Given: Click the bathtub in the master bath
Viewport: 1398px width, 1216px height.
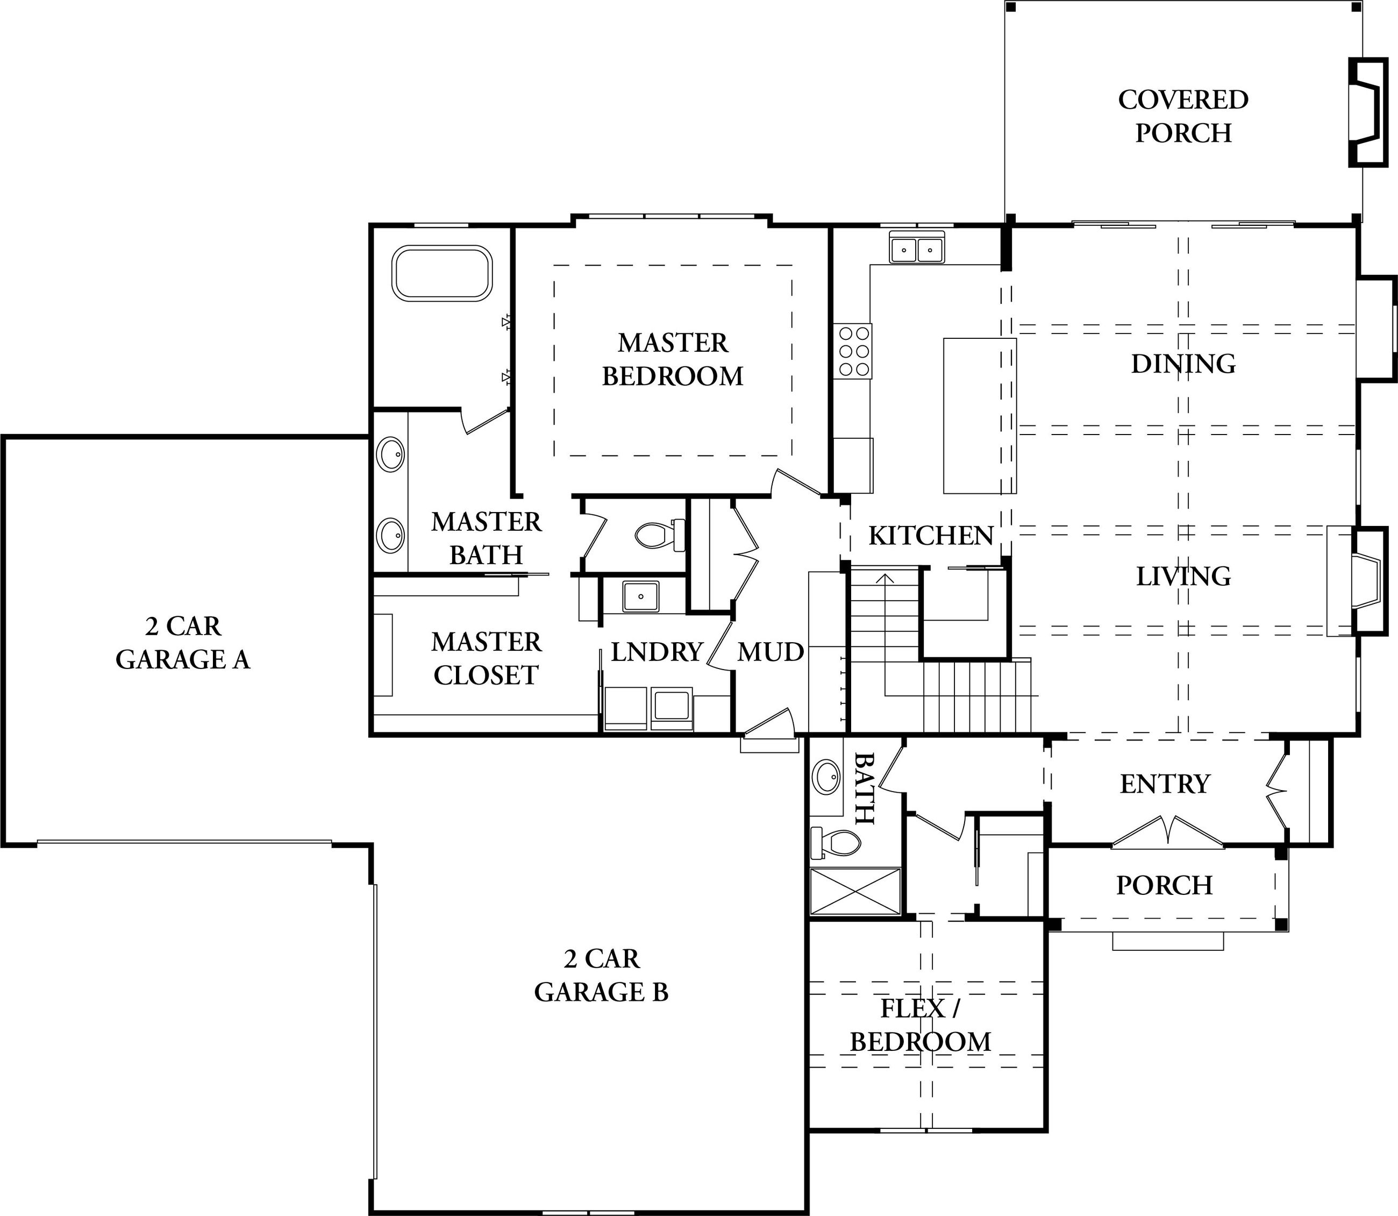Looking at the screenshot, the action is pyautogui.click(x=443, y=273).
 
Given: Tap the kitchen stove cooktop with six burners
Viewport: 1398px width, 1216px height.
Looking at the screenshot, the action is pyautogui.click(x=854, y=352).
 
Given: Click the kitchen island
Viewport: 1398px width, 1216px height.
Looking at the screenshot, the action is pyautogui.click(x=980, y=415).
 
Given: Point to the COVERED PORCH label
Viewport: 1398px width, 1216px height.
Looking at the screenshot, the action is pyautogui.click(x=1183, y=116).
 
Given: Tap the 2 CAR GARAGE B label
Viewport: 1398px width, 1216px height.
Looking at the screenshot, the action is pyautogui.click(x=601, y=975).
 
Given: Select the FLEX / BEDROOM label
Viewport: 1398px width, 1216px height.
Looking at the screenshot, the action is pyautogui.click(x=921, y=1025).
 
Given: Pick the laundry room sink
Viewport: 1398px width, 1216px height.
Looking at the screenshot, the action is pyautogui.click(x=640, y=596).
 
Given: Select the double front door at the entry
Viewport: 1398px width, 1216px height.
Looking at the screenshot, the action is pyautogui.click(x=1168, y=832).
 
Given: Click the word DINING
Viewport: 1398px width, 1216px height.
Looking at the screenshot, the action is pyautogui.click(x=1183, y=364).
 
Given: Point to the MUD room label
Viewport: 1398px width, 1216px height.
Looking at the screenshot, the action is pyautogui.click(x=771, y=652).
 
